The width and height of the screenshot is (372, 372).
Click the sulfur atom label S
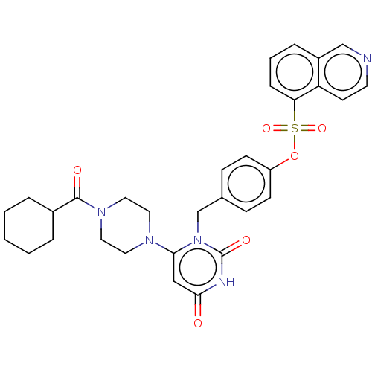(x=295, y=129)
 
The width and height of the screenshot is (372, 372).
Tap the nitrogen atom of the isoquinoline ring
(x=367, y=59)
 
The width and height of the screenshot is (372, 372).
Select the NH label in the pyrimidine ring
(x=226, y=282)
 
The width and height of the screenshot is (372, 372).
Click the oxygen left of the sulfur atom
(x=266, y=129)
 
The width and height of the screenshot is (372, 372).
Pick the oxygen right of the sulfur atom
(x=322, y=129)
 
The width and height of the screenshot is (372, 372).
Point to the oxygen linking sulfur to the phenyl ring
(x=295, y=156)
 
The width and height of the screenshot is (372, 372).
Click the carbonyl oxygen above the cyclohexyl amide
(x=77, y=170)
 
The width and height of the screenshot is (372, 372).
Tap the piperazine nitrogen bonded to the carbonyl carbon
(x=101, y=212)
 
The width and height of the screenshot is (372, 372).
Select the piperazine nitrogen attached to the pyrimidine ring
(x=149, y=240)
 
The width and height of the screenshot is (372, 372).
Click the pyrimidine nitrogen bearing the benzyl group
(x=198, y=240)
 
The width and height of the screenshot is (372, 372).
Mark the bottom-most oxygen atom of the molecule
(x=198, y=324)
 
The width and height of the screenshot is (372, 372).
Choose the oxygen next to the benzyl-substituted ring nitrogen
(x=246, y=240)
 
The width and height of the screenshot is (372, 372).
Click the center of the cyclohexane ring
(x=29, y=225)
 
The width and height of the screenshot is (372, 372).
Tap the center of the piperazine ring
(x=125, y=225)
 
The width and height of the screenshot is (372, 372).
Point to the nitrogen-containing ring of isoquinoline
(x=343, y=72)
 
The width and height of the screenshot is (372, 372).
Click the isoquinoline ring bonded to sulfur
(x=295, y=72)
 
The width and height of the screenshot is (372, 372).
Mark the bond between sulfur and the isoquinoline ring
(x=295, y=112)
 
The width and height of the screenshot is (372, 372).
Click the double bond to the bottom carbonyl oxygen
(x=198, y=307)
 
